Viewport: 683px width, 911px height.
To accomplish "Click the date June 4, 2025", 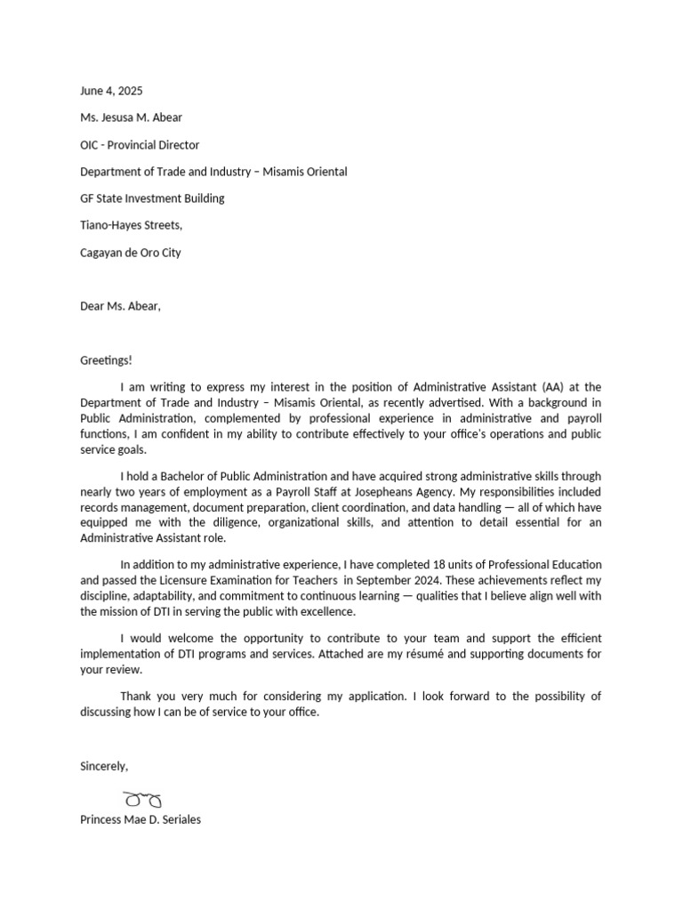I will [111, 91].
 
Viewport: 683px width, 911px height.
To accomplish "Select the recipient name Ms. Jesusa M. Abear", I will [131, 117].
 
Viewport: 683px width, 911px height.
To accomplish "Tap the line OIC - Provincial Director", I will [140, 145].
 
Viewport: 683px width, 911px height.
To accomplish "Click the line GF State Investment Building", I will [152, 198].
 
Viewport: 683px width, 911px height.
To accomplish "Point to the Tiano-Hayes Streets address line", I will [131, 226].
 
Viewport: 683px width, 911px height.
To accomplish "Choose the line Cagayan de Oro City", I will [130, 253].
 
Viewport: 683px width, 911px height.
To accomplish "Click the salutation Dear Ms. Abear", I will [120, 306].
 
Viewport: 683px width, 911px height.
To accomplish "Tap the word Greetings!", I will [106, 360].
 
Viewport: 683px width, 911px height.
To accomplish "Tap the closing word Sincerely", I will [104, 766].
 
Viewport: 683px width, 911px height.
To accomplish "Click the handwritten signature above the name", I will [142, 798].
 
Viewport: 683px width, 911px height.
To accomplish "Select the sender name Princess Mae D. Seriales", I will [141, 819].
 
